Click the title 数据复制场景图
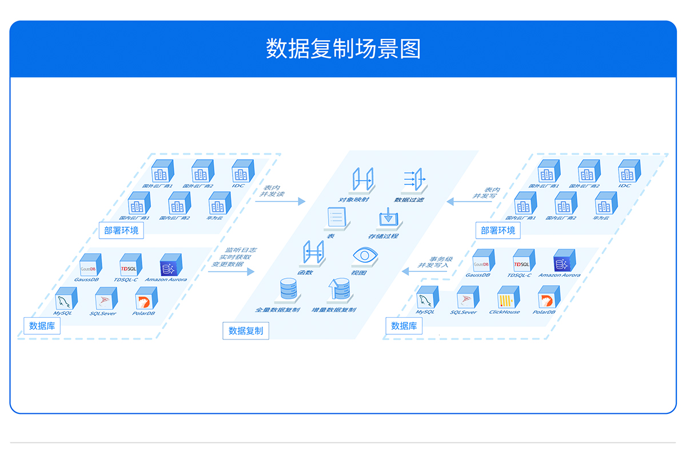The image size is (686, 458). pyautogui.click(x=343, y=49)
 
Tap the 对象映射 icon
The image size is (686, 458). pyautogui.click(x=362, y=180)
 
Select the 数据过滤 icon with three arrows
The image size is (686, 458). pyautogui.click(x=413, y=179)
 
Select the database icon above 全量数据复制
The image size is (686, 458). pyautogui.click(x=288, y=290)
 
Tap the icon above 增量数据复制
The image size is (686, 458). pyautogui.click(x=338, y=290)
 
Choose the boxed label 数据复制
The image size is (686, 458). pyautogui.click(x=246, y=330)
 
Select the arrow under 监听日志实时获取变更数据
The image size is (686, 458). pyautogui.click(x=232, y=272)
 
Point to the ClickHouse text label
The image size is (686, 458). pyautogui.click(x=505, y=312)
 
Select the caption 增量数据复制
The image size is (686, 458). pyautogui.click(x=334, y=310)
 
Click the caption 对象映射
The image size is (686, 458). pyautogui.click(x=354, y=200)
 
